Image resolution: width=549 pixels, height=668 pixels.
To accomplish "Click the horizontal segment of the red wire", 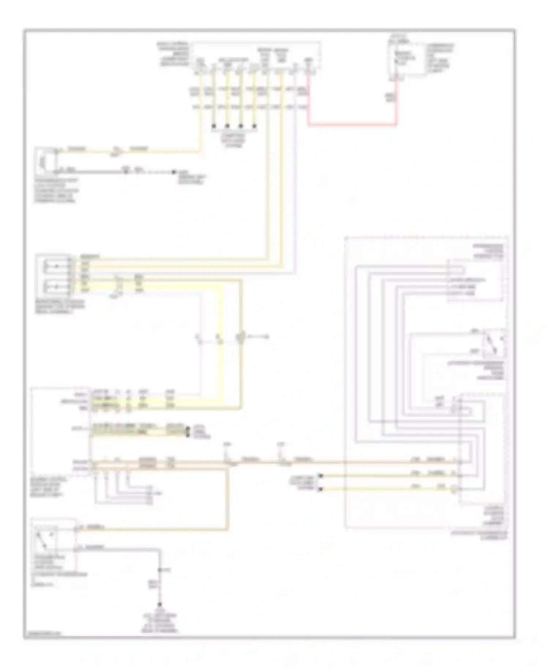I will point(351,126).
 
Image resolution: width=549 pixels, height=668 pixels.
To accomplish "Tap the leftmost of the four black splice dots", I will point(214,126).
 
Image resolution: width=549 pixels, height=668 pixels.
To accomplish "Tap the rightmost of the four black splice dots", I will point(255,126).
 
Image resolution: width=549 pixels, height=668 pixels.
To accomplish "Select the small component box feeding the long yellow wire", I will point(45,161).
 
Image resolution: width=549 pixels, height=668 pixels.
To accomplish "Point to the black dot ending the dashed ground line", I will point(175,172).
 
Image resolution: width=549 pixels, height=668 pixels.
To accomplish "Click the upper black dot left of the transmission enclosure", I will point(321,476).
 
